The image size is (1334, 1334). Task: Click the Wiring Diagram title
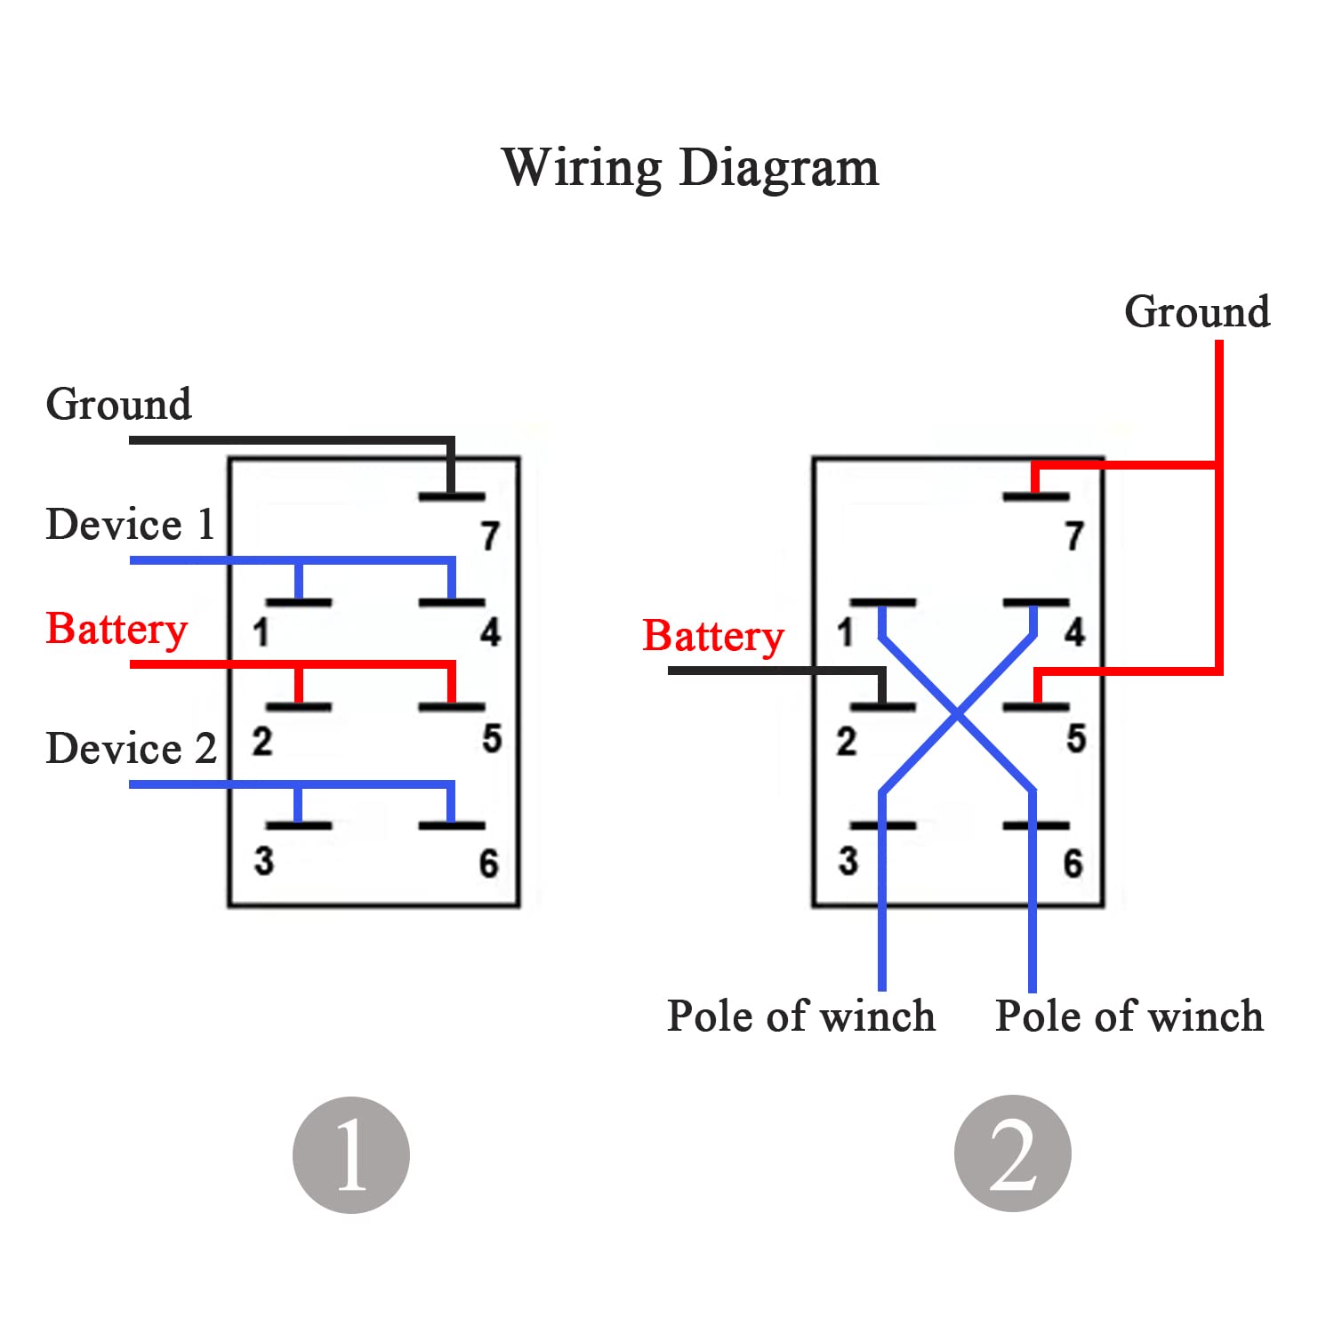coord(690,167)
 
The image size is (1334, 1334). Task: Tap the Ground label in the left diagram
coord(118,404)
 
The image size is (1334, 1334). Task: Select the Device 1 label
coord(130,524)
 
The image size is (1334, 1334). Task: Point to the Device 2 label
coord(131,748)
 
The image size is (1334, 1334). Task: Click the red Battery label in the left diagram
coord(117,630)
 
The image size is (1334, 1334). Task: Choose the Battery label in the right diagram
coord(713,637)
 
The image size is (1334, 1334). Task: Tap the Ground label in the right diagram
coord(1197,311)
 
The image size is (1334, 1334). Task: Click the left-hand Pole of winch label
coord(800,1016)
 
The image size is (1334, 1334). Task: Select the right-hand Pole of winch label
coord(1129,1016)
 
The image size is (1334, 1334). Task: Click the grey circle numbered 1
coord(351,1154)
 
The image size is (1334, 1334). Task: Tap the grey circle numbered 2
coord(1012,1153)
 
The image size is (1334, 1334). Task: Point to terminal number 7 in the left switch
coord(490,535)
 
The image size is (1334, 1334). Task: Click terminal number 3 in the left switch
coord(263,861)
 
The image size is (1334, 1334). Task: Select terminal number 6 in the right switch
coord(1073,863)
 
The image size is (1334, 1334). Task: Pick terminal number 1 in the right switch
coord(845,632)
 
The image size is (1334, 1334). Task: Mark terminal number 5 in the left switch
coord(492,738)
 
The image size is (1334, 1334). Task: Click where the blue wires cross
coord(957,713)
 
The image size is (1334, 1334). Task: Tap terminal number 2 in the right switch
coord(846,741)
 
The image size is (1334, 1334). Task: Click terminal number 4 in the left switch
coord(490,632)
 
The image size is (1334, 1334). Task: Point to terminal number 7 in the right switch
coord(1074,535)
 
